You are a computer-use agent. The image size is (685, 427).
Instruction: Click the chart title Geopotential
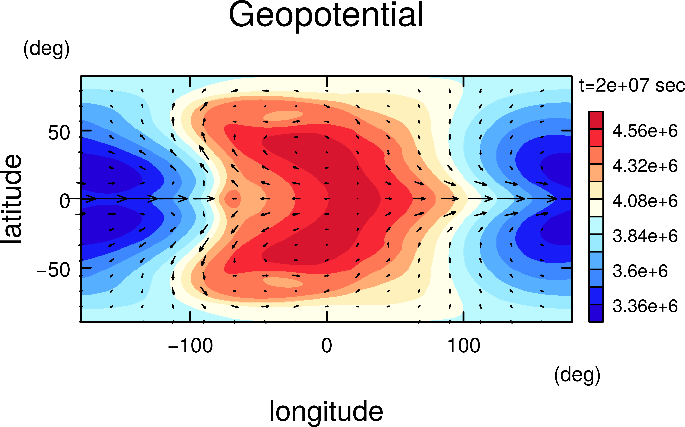[x=326, y=16]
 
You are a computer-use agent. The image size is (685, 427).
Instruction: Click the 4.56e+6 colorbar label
[x=645, y=131]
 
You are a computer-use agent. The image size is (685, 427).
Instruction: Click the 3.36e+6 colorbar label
[x=645, y=306]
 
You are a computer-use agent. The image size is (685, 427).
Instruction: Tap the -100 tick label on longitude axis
[x=190, y=346]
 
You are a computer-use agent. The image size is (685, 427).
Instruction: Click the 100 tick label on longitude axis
[x=464, y=346]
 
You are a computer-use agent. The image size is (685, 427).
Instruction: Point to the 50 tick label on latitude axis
[x=59, y=133]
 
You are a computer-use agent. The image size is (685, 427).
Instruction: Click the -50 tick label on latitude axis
[x=53, y=270]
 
